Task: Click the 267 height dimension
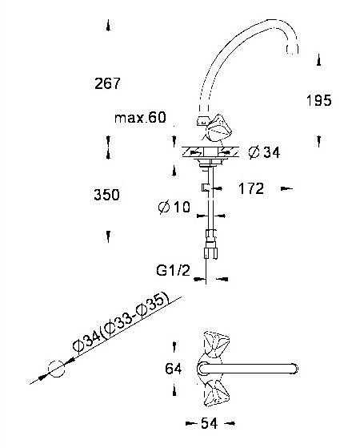pyautogui.click(x=107, y=83)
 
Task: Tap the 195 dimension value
pyautogui.click(x=318, y=100)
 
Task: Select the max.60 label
pyautogui.click(x=140, y=118)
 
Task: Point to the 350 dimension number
pyautogui.click(x=106, y=195)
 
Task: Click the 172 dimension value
pyautogui.click(x=251, y=188)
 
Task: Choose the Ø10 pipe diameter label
pyautogui.click(x=174, y=207)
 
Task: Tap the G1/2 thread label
pyautogui.click(x=173, y=270)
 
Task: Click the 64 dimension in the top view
pyautogui.click(x=173, y=369)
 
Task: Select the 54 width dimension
pyautogui.click(x=210, y=423)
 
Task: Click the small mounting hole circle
pyautogui.click(x=56, y=369)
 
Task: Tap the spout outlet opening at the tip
pyautogui.click(x=292, y=49)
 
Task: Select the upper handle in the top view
pyautogui.click(x=215, y=344)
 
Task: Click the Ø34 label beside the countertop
pyautogui.click(x=264, y=152)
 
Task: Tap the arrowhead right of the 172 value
pyautogui.click(x=286, y=188)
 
